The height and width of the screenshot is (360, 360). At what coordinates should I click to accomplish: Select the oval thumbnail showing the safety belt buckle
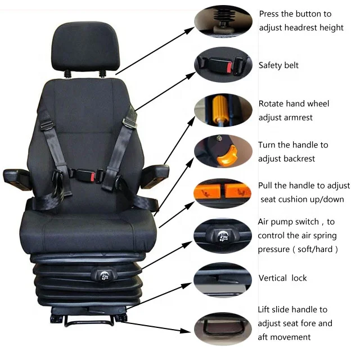coord(223,65)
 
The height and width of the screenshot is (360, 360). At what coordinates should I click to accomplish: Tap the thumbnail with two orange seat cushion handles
coord(223,192)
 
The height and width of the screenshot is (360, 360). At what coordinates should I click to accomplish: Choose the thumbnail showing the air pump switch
coord(223,237)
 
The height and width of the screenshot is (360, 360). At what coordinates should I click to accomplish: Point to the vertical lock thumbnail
coord(223,279)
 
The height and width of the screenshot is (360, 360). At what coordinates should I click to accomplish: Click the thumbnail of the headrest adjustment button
coord(223,20)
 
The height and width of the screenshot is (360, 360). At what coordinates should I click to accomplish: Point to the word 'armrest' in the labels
coord(299,118)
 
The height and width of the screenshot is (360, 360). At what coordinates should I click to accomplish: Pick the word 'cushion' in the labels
coord(294,200)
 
